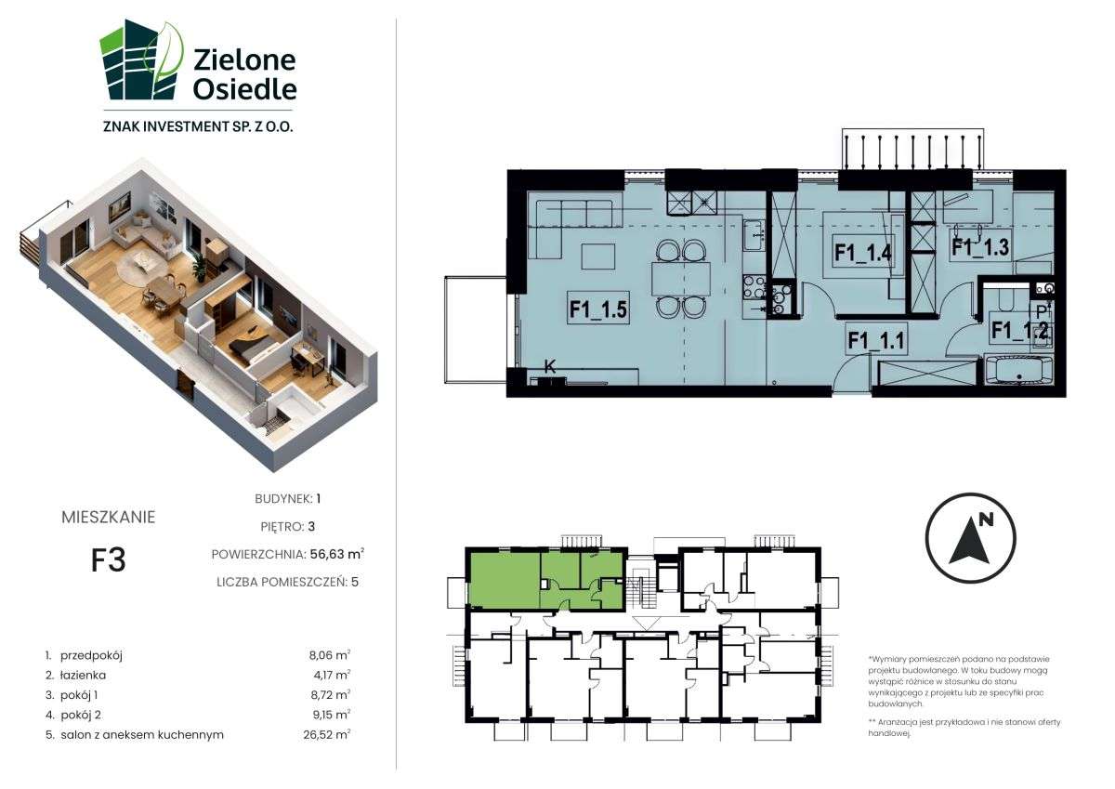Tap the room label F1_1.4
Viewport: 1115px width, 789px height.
point(863,252)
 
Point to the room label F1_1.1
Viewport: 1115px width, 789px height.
point(875,341)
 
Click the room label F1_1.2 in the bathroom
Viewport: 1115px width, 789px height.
point(1019,328)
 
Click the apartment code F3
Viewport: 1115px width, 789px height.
point(108,560)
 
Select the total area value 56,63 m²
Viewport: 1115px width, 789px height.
point(334,554)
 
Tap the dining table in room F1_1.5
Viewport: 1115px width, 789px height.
point(680,278)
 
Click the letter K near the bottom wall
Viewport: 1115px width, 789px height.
point(549,367)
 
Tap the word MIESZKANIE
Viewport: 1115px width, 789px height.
point(108,518)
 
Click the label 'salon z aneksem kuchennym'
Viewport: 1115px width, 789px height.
point(141,734)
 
